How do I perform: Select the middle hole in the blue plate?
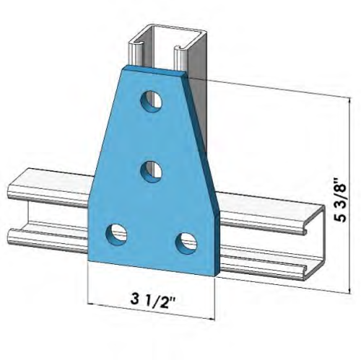pyautogui.click(x=151, y=171)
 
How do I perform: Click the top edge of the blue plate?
pyautogui.click(x=155, y=70)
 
